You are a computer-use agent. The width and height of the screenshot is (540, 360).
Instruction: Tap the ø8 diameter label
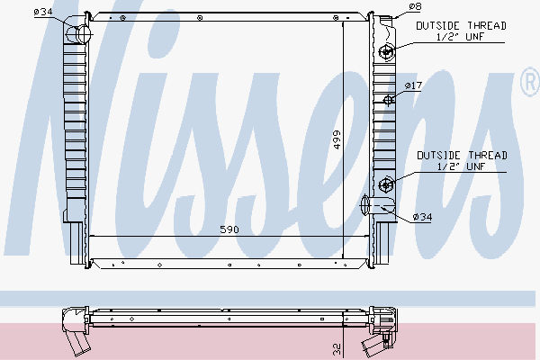point(415,6)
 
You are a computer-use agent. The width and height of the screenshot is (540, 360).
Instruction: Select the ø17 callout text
point(413,85)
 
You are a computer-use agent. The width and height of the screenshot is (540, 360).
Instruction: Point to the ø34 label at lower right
point(421,217)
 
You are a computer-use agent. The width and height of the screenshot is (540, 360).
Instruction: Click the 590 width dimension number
point(230,230)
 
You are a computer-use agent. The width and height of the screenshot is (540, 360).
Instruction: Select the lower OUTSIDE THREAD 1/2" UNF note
point(461,161)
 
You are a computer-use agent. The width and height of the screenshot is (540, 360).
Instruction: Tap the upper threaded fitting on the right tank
point(386,51)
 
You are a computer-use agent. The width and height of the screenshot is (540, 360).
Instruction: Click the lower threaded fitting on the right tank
point(386,185)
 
